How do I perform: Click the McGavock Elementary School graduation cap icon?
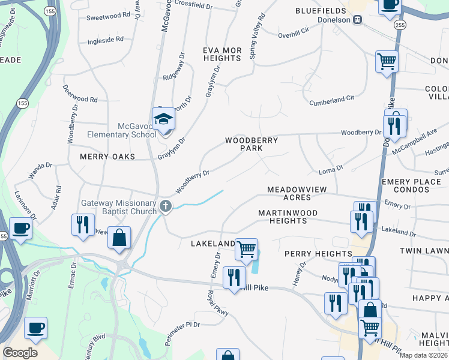coord(163,119)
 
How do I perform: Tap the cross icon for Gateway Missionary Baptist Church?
coord(166,207)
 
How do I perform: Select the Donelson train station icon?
coord(358,20)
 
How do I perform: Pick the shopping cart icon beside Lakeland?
coord(246,248)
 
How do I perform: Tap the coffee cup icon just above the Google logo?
coord(35,328)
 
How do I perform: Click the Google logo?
coord(20,353)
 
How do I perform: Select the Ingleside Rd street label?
coord(105,39)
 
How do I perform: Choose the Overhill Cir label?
coord(293,34)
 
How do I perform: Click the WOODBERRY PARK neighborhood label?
coord(252,144)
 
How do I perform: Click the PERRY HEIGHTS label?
coord(318,254)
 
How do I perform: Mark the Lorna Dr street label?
coord(330,170)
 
